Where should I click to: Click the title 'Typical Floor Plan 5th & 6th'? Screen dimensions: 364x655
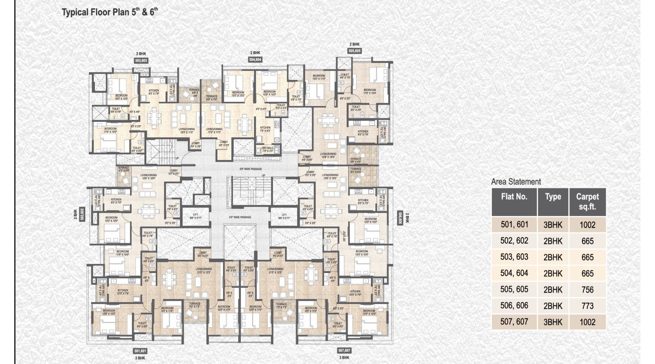coord(109,12)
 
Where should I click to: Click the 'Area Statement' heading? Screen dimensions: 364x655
coord(516,181)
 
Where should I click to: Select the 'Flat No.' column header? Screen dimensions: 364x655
coord(514,197)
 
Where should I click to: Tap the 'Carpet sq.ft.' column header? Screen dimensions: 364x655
coord(587,201)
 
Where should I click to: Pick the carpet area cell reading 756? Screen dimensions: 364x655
coord(587,289)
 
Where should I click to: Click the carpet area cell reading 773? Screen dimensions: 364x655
coord(587,306)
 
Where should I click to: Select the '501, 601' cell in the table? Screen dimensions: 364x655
coord(514,224)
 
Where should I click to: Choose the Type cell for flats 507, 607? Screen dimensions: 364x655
coord(553,322)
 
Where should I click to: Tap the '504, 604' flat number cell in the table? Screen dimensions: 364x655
coord(514,273)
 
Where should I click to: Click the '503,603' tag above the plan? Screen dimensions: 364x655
coord(141,61)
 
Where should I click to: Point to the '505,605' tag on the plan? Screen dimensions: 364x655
coord(355,51)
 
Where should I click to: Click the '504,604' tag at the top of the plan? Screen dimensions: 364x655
coord(255,59)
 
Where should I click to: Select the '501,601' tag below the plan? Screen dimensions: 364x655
coord(140,351)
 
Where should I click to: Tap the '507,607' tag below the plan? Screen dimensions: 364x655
coord(344,351)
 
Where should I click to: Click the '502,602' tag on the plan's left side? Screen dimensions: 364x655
coord(82,214)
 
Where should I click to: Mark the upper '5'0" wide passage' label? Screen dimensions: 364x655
coord(251,169)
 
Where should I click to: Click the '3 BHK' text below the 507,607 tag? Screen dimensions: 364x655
coord(344,357)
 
